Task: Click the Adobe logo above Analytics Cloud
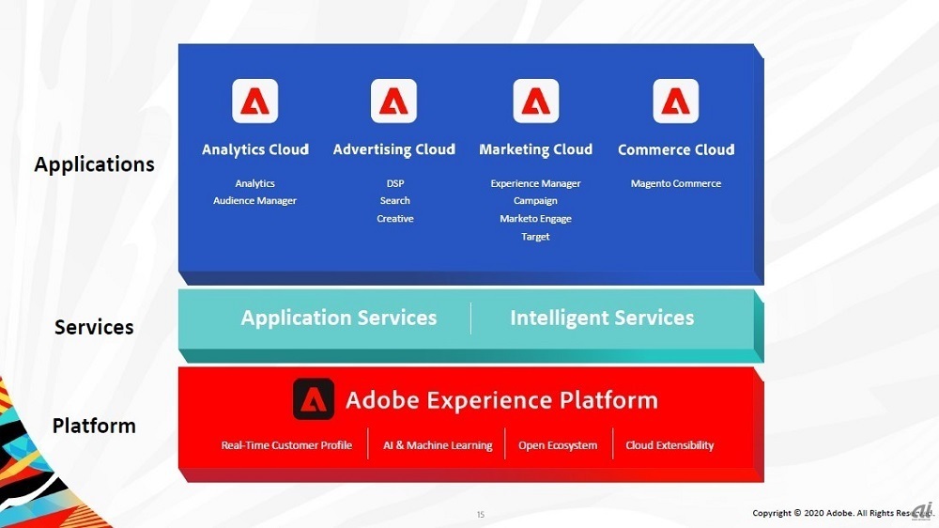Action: tap(255, 101)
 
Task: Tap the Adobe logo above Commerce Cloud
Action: tap(675, 101)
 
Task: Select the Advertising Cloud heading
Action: tap(394, 149)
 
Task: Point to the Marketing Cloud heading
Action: tap(536, 149)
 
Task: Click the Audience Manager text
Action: tap(255, 201)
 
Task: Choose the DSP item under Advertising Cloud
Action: tap(395, 183)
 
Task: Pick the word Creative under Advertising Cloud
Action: tap(395, 219)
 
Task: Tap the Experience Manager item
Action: tap(535, 183)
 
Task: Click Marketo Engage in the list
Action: tap(535, 219)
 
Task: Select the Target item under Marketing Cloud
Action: tap(535, 237)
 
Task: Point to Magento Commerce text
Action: tap(675, 183)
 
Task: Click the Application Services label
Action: tap(339, 318)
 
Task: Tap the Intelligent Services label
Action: tap(602, 318)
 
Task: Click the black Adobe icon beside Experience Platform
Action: tap(314, 399)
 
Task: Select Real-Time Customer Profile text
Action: tap(286, 445)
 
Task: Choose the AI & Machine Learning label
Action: tap(438, 445)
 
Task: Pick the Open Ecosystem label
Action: tap(558, 445)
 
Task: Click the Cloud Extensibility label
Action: tap(670, 445)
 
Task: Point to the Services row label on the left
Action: tap(94, 327)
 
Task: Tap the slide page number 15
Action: tap(480, 514)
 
